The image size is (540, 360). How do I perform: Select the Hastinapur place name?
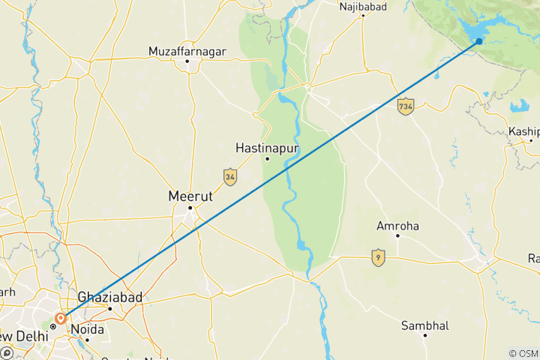[x=267, y=148]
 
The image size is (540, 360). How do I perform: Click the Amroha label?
[x=397, y=226]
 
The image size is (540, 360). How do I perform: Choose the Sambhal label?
[x=424, y=325]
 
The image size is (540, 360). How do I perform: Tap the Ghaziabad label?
[x=109, y=298]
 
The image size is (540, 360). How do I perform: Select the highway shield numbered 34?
[x=230, y=177]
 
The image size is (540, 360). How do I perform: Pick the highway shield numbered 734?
[x=406, y=106]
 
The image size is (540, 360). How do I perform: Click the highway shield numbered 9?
[x=379, y=257]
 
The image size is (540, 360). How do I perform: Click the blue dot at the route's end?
[x=478, y=41]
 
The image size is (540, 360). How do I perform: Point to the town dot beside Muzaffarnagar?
[x=187, y=61]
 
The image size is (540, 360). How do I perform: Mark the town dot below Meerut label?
[x=190, y=208]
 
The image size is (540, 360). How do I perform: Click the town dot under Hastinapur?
[x=267, y=159]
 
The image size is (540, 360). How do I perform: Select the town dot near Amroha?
[x=397, y=237]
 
